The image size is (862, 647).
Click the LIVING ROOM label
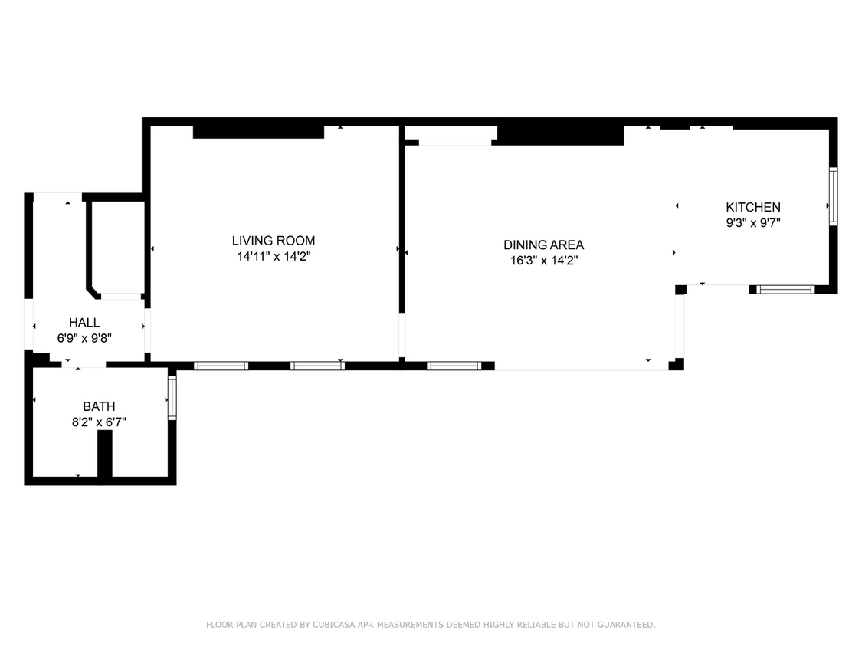click(x=274, y=241)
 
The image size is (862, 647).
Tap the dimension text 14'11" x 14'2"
click(x=274, y=257)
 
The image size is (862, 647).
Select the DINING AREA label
click(x=543, y=245)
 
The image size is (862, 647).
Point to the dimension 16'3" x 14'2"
click(x=543, y=261)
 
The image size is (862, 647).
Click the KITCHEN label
click(x=753, y=207)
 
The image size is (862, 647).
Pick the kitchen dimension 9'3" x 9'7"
click(x=753, y=223)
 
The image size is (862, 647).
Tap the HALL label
click(x=84, y=323)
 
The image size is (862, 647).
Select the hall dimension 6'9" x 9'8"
click(x=84, y=338)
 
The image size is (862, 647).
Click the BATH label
click(x=99, y=406)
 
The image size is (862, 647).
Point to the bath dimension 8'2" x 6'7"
click(x=99, y=422)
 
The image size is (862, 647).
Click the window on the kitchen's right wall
click(x=833, y=196)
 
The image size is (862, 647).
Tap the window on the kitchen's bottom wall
click(x=785, y=290)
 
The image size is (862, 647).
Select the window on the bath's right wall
click(x=172, y=396)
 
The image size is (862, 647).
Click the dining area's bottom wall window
click(x=454, y=366)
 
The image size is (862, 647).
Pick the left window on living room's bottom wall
click(x=221, y=366)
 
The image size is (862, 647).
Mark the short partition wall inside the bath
click(x=105, y=454)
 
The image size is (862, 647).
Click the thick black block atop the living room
click(x=258, y=132)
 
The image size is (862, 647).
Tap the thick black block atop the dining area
click(x=559, y=136)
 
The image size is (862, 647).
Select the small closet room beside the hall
click(x=116, y=245)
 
